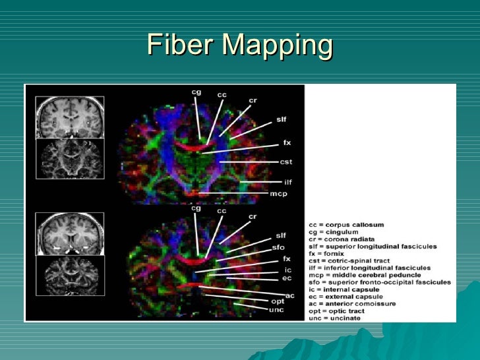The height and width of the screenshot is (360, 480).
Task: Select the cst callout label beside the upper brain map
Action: click(x=286, y=162)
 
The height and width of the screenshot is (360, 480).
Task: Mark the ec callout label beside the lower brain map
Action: click(x=287, y=278)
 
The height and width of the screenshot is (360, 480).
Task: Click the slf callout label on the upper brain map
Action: click(x=281, y=119)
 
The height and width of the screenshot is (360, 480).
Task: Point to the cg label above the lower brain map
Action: click(x=195, y=208)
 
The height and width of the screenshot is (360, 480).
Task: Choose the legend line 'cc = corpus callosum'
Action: click(x=346, y=225)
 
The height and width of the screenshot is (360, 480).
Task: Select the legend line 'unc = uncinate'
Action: click(x=335, y=318)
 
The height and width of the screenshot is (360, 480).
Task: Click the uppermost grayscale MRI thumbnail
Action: click(x=69, y=117)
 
